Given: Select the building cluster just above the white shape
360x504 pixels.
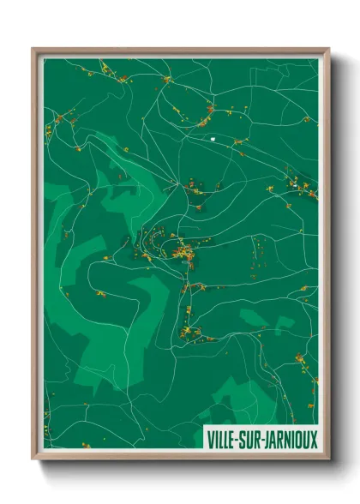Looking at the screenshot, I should [208, 111].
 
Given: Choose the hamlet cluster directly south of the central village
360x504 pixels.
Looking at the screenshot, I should [190, 330].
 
